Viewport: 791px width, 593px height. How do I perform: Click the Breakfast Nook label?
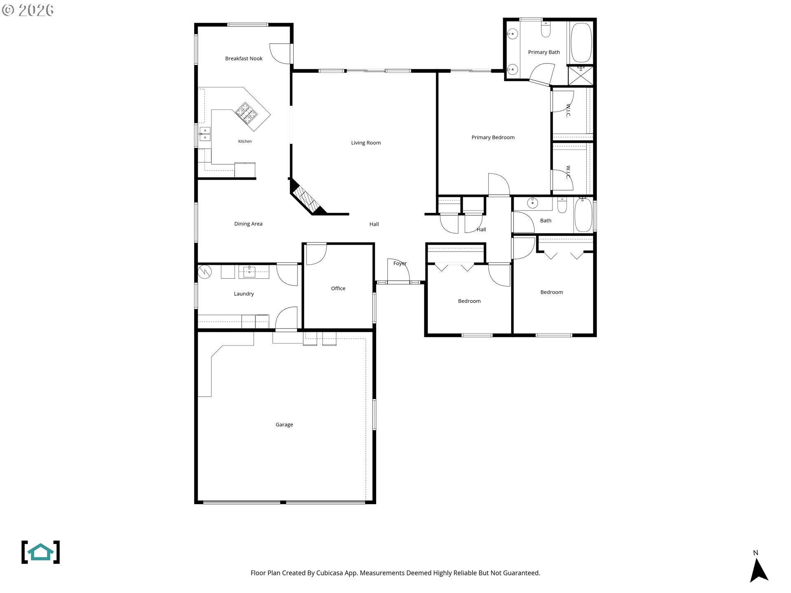[x=243, y=58]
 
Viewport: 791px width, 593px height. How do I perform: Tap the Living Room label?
[x=366, y=143]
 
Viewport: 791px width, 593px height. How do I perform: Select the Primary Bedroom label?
[x=493, y=138]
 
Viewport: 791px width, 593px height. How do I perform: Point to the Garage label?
[x=284, y=425]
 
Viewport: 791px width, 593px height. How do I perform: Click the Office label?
[x=338, y=288]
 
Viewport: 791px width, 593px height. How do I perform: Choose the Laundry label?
[x=243, y=294]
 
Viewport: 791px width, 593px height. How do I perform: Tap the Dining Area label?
[x=248, y=224]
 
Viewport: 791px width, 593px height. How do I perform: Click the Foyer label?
[x=400, y=264]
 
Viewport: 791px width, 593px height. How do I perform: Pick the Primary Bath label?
[x=544, y=52]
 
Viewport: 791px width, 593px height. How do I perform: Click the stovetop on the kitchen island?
[x=246, y=113]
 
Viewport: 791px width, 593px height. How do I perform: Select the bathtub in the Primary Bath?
[x=581, y=42]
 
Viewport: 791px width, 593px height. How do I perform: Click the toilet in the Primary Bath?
[x=545, y=29]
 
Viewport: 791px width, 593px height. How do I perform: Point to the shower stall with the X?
[x=580, y=75]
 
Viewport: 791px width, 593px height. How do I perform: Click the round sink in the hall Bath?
[x=533, y=203]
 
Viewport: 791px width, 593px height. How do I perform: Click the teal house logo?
[x=40, y=552]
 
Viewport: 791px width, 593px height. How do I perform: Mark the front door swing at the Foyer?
[x=398, y=271]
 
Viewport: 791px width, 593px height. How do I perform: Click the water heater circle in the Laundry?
[x=205, y=272]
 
